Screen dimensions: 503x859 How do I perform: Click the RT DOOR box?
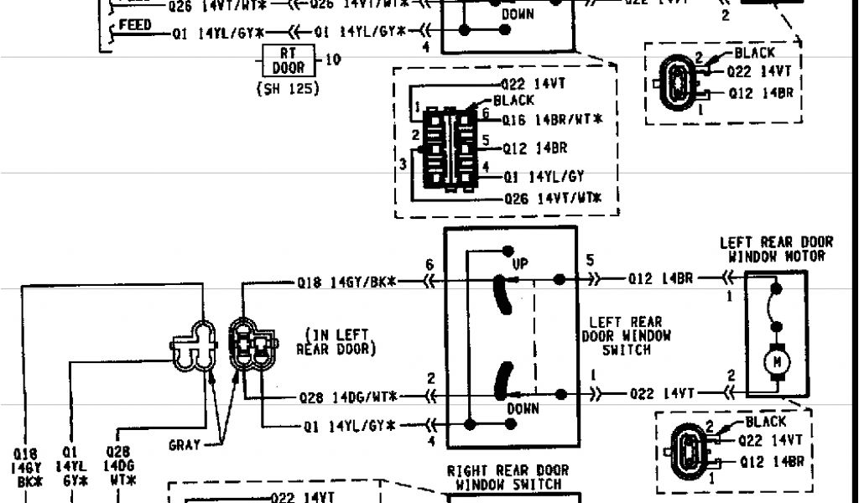pos(288,60)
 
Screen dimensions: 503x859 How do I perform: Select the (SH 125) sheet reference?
pos(288,88)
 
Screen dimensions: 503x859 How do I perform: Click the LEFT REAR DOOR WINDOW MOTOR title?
pos(775,249)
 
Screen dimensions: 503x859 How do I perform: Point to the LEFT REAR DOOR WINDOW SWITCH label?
pos(625,335)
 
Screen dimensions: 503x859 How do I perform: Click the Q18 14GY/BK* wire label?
pos(346,283)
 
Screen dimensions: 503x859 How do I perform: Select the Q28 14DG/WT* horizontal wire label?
pos(348,395)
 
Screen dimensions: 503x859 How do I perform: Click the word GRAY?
pos(185,445)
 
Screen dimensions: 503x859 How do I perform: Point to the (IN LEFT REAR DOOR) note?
pos(336,341)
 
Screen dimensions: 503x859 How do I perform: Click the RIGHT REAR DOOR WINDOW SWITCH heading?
pos(508,477)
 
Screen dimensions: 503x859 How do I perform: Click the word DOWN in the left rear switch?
pos(523,408)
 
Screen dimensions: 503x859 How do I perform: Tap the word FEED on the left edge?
pos(134,25)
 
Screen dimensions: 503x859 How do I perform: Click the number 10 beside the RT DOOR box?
pos(333,60)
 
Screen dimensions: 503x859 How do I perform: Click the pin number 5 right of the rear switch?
pos(590,261)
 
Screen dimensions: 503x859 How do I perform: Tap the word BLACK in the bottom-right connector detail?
pos(765,422)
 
